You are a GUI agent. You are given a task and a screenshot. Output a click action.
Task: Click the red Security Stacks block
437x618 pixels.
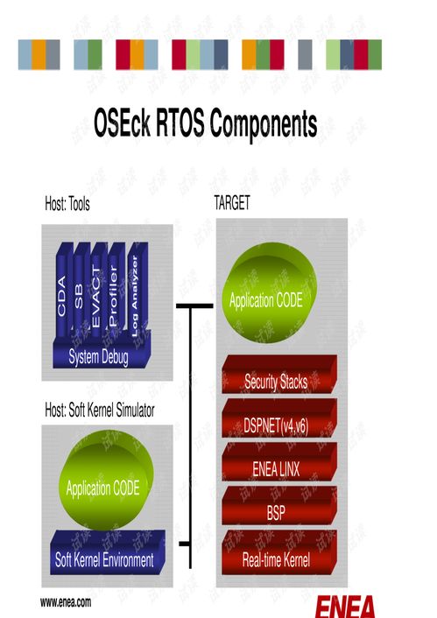[x=279, y=375]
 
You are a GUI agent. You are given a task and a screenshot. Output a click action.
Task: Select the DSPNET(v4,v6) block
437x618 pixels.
[x=279, y=418]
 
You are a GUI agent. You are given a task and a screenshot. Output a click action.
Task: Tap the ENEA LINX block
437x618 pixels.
[x=279, y=462]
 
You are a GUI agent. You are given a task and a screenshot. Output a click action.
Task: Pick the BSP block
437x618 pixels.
[x=279, y=506]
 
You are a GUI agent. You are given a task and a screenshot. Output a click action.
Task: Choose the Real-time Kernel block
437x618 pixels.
[x=279, y=552]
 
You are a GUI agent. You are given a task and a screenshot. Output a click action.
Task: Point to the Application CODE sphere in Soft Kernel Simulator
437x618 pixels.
[x=106, y=480]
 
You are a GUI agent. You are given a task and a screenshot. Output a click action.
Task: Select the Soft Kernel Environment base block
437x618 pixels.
[x=108, y=552]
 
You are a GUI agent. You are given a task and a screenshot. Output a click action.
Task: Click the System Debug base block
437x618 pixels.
[x=101, y=352]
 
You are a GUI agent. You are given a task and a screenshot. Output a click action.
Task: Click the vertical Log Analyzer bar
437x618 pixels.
[x=137, y=291]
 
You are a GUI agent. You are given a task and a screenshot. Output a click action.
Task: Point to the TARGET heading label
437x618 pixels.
[x=232, y=203]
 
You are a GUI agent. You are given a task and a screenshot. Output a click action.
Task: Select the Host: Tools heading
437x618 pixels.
[x=67, y=204]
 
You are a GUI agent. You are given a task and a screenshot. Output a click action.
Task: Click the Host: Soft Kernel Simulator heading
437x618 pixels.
[x=100, y=410]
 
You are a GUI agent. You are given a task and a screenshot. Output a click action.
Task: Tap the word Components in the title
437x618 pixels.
[x=264, y=123]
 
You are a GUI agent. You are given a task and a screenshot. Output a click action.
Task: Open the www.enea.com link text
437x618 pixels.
[x=66, y=602]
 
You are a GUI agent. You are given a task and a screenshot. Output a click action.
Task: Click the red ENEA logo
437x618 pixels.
[x=345, y=606]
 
